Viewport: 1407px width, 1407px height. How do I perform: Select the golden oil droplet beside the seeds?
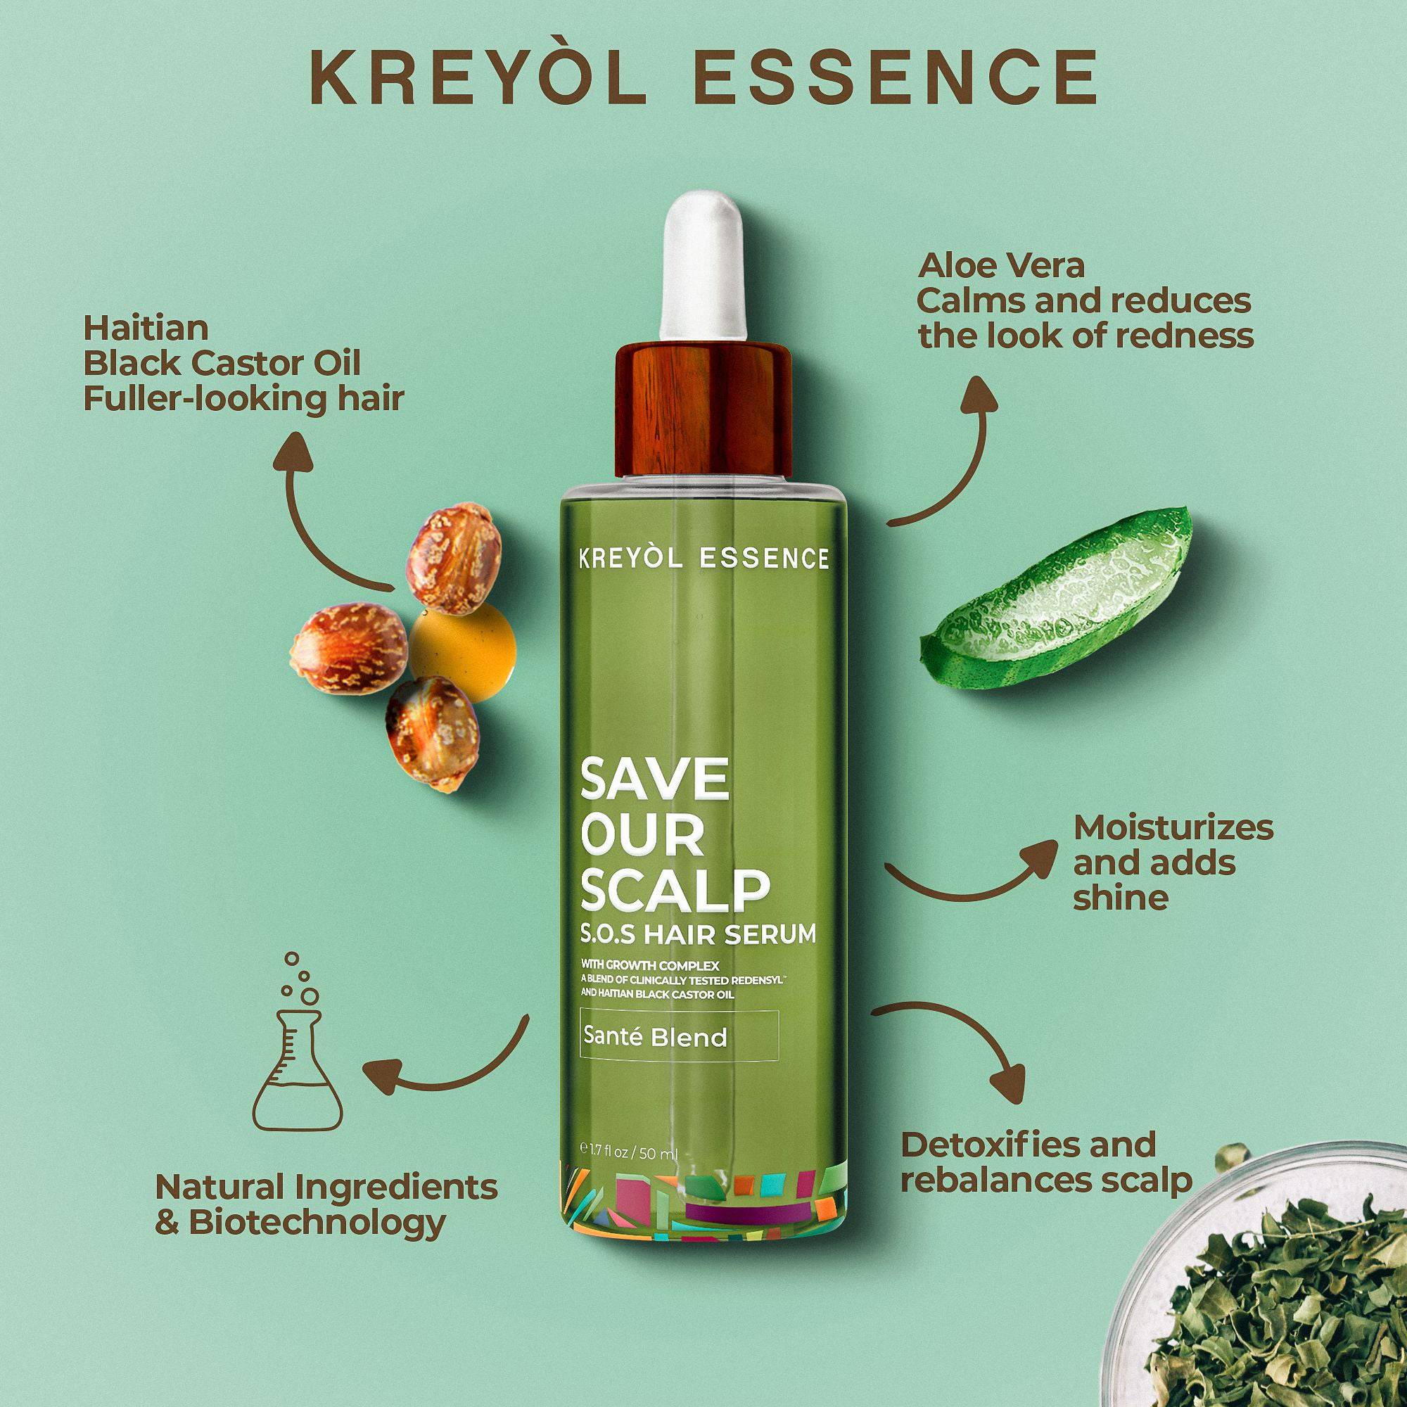point(464,642)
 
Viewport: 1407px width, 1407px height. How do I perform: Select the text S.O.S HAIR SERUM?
point(699,935)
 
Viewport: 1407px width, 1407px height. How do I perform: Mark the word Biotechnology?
point(317,1224)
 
